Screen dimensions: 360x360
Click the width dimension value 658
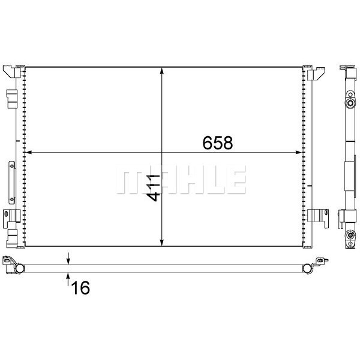point(217,143)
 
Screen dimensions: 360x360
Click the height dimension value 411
point(154,188)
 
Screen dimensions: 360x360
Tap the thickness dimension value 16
point(80,287)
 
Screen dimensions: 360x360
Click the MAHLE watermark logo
point(181,179)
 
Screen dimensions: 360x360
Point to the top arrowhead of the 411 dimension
point(162,71)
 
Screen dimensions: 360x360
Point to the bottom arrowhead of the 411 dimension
point(162,243)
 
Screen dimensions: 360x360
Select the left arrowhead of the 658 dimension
point(28,152)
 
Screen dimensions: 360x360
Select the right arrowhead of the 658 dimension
point(298,152)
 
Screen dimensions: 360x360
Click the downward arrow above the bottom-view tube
point(68,258)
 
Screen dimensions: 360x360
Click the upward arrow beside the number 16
point(68,279)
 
